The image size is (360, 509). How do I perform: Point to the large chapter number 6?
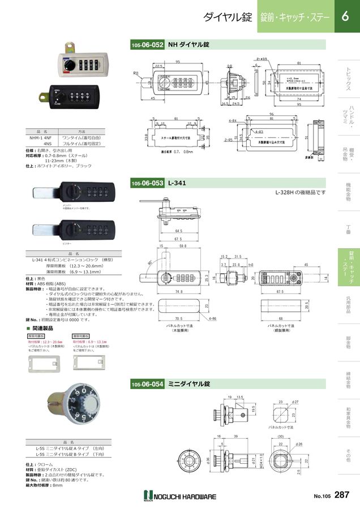(345, 17)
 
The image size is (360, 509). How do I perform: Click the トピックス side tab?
(348, 79)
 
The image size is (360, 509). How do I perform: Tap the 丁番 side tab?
(348, 229)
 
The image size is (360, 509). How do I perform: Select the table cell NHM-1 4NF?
(41, 137)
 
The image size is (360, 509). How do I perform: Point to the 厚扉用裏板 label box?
(36, 335)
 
